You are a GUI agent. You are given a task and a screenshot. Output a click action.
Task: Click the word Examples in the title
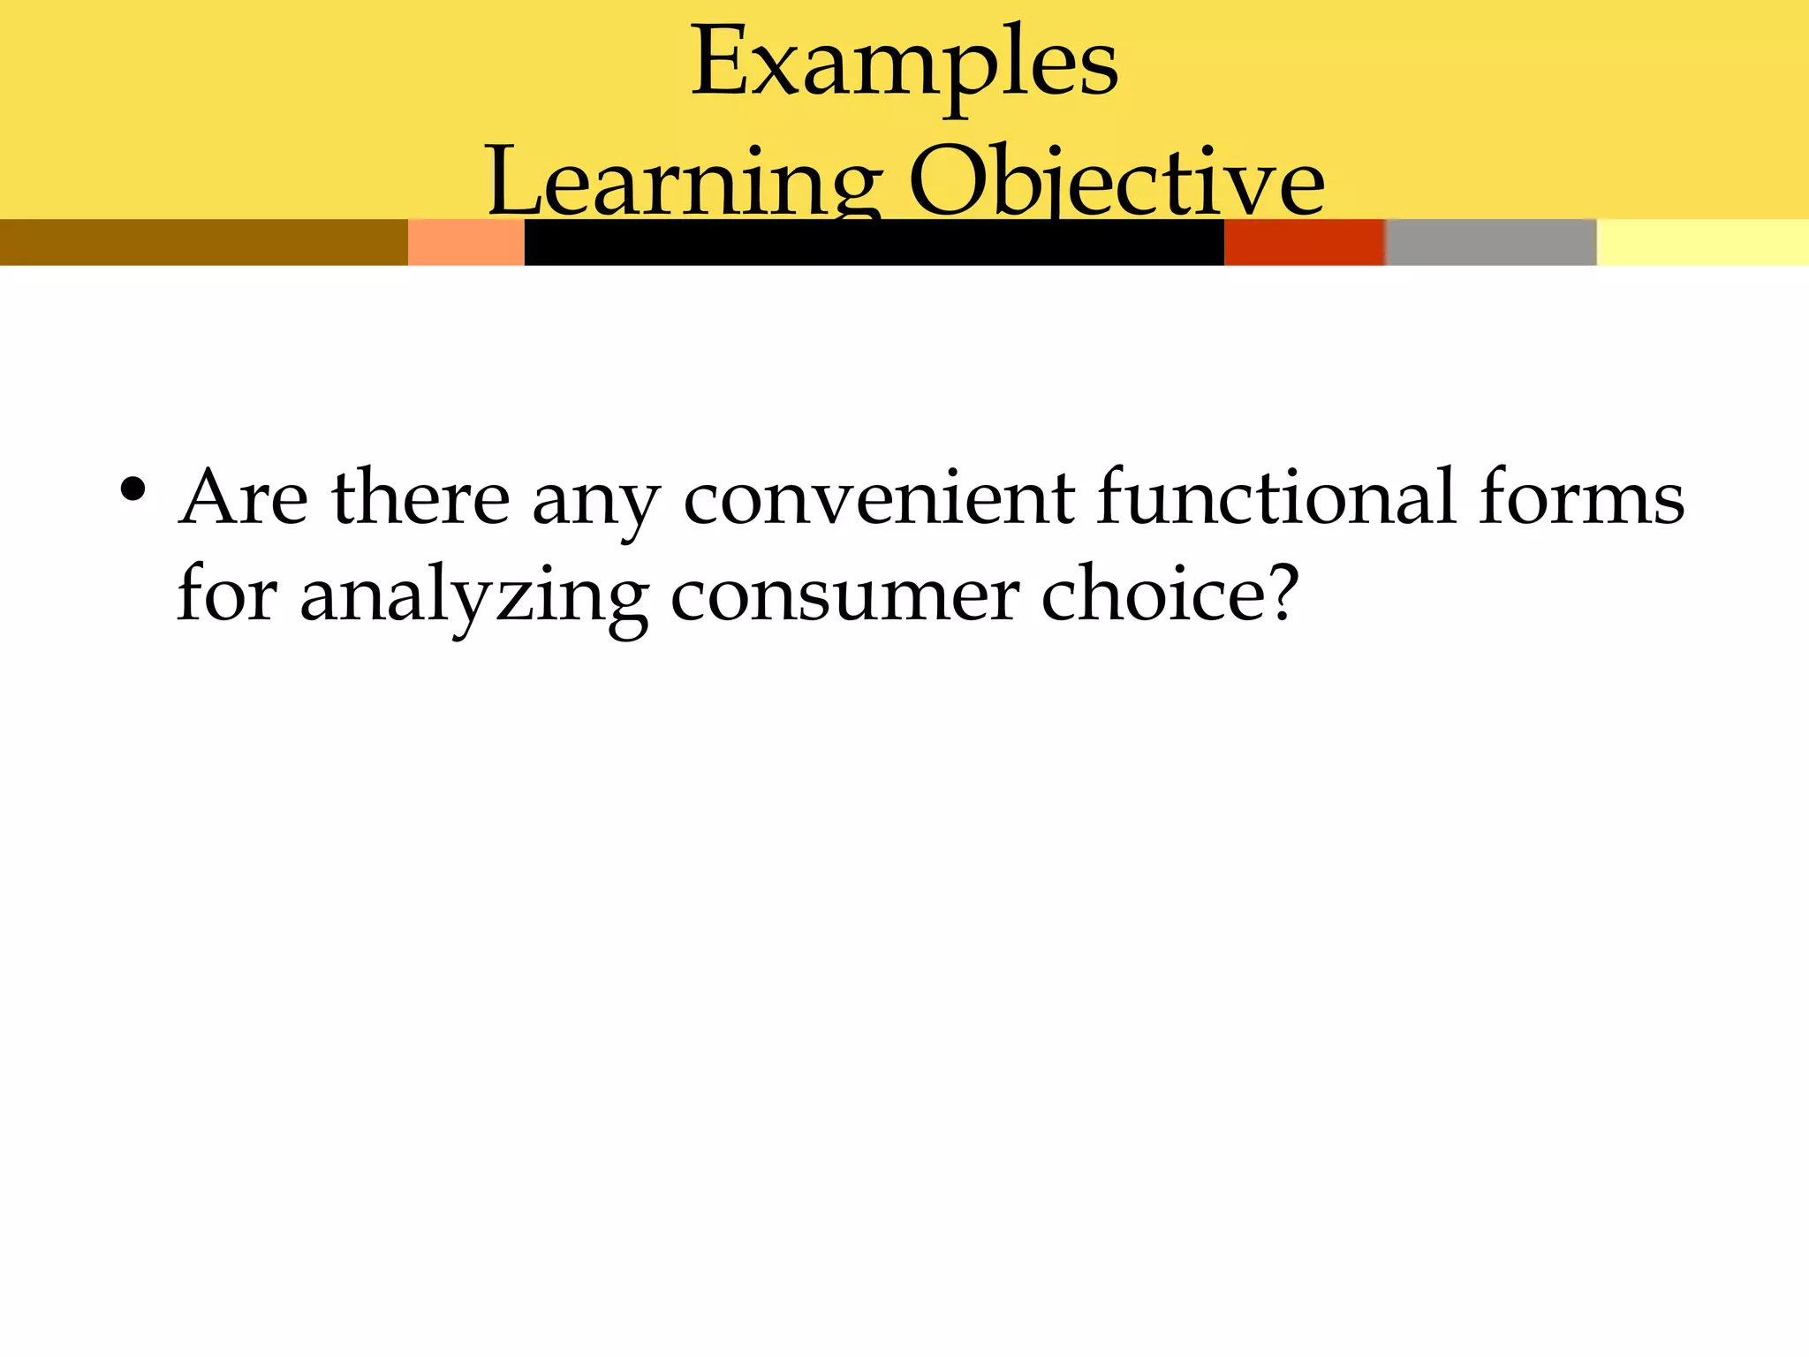[x=904, y=64]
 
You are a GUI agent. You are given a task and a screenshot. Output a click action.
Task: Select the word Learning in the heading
[x=684, y=181]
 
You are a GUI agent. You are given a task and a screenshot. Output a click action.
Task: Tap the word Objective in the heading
[x=1116, y=181]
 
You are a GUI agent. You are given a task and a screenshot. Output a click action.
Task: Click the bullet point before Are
[x=132, y=491]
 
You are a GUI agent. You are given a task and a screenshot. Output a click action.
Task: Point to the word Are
[x=243, y=498]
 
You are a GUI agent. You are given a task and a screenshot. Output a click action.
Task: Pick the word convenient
[x=878, y=498]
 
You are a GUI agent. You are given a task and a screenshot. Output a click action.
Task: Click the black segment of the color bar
[x=874, y=242]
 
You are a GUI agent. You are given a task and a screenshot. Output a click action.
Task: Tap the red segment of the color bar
[x=1304, y=242]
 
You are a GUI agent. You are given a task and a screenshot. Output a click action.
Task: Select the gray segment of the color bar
[x=1491, y=242]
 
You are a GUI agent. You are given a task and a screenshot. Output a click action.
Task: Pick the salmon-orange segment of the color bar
[x=465, y=242]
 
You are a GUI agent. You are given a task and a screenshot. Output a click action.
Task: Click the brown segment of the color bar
[x=203, y=242]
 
